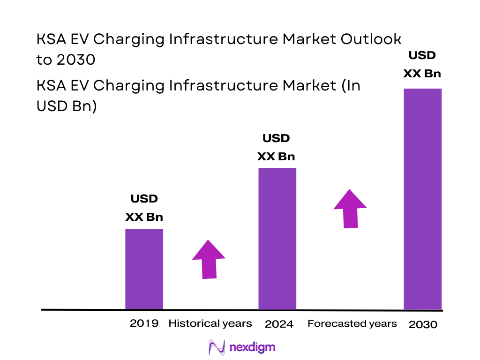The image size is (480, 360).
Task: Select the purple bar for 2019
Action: pos(144,269)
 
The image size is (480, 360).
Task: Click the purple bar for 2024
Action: pos(277,239)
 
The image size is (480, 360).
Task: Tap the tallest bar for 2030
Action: pos(422,199)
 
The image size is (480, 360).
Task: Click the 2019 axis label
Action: pos(144,323)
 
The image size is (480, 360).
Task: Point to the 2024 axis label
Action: pos(279,324)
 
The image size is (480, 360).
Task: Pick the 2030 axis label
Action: pos(423,324)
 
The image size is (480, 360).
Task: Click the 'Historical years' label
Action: pos(210,323)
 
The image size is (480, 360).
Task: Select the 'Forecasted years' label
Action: pos(352,323)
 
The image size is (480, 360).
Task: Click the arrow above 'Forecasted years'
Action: pos(350,209)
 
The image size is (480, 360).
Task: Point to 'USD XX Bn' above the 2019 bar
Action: pos(144,208)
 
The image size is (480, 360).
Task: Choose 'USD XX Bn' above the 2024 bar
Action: pos(276,147)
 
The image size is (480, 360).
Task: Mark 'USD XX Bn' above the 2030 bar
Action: pos(422,64)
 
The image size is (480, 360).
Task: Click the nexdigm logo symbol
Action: pos(217,347)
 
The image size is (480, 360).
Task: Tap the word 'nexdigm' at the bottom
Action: pos(253,347)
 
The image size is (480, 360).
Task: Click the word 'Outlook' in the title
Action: pos(370,39)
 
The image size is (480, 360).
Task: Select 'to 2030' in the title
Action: pos(66,60)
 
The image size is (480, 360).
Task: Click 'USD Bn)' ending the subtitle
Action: pos(67,106)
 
